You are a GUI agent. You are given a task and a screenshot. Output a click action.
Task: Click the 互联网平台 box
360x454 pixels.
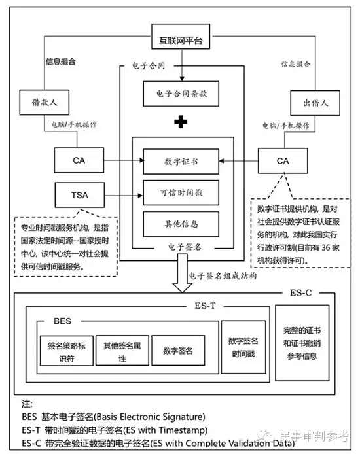181,37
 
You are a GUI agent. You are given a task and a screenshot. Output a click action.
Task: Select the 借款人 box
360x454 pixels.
45,102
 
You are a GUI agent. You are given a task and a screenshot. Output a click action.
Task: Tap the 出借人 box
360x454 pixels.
315,103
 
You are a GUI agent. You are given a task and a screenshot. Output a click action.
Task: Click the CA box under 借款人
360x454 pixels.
79,160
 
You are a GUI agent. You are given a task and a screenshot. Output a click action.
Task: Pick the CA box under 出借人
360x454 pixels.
283,161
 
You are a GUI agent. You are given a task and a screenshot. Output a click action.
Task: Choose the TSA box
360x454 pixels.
80,195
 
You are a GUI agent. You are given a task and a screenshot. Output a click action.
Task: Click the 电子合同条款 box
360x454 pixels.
181,94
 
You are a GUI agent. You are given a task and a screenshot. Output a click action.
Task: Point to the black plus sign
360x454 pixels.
181,122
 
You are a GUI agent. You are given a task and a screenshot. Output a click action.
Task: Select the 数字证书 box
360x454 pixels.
181,162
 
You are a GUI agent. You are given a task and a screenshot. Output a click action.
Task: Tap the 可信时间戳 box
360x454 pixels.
181,192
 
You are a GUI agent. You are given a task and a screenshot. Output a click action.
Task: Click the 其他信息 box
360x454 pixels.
181,224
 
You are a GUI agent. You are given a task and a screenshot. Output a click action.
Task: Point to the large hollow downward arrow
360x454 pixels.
182,273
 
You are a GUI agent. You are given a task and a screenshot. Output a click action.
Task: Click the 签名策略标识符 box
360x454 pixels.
67,351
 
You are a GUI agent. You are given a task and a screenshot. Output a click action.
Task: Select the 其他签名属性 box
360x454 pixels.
122,351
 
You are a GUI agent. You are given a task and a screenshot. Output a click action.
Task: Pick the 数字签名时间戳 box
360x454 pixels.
243,347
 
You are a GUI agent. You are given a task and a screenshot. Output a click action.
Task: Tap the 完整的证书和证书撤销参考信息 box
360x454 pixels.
302,343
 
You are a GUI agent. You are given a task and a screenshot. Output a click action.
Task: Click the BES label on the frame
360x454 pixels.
63,321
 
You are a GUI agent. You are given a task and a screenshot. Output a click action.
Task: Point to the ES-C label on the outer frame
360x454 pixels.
300,293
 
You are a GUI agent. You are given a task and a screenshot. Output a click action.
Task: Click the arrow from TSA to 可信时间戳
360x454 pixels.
124,196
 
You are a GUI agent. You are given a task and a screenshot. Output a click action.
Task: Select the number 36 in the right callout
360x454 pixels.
326,247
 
